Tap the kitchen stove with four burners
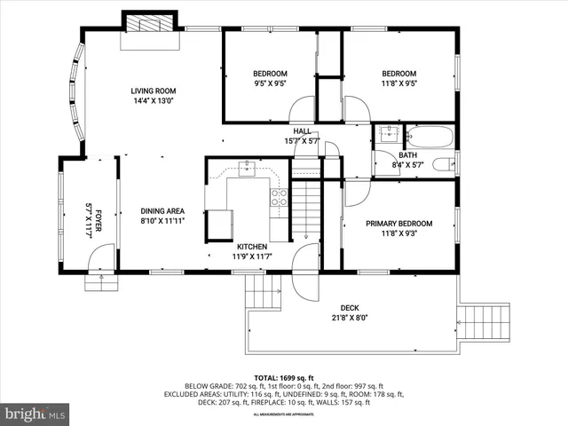279,197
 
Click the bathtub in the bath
430,137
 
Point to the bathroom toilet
443,164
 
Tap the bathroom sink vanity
387,136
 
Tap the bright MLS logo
35,414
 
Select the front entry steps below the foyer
99,282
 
